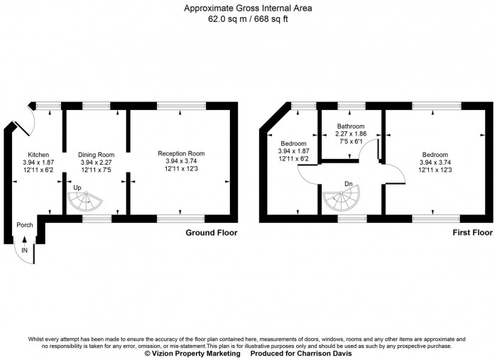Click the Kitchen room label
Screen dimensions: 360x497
(x=38, y=154)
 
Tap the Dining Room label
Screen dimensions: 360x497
(x=96, y=154)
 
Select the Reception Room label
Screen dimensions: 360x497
(x=181, y=153)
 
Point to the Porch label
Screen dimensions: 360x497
(x=25, y=225)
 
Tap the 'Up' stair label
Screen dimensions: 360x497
(x=77, y=187)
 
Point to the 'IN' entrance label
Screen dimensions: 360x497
(x=25, y=251)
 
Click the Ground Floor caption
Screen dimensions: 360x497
(x=211, y=232)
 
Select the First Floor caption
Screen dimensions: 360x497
(x=471, y=232)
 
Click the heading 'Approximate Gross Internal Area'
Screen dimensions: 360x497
(x=248, y=9)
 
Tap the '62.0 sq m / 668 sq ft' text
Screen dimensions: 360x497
(x=248, y=19)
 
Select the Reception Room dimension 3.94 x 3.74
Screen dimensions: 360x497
(x=181, y=160)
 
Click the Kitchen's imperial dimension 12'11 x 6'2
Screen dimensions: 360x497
(x=38, y=170)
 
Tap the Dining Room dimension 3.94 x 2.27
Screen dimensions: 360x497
(x=96, y=162)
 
